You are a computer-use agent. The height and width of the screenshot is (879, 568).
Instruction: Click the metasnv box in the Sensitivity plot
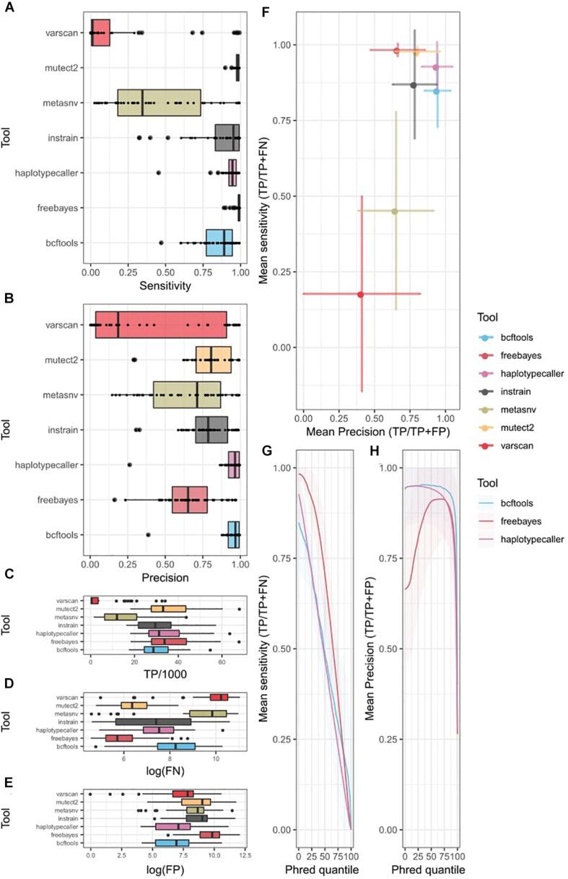click(159, 103)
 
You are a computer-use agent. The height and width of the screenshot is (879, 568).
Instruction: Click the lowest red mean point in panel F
click(361, 294)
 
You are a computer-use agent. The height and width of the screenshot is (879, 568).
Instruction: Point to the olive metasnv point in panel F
click(395, 211)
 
